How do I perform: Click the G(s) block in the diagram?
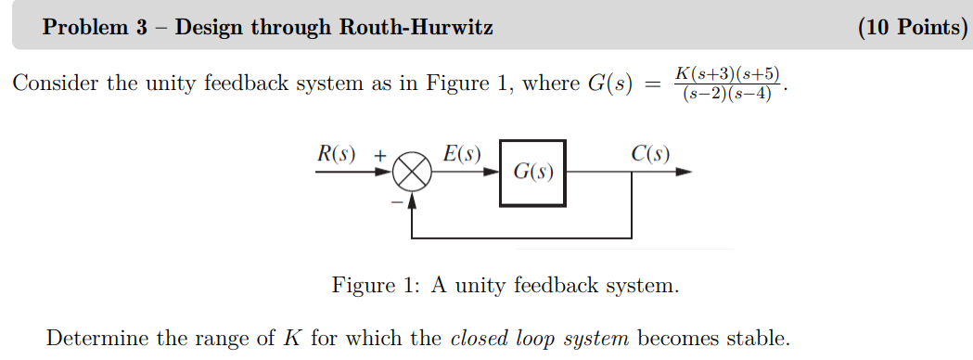point(533,173)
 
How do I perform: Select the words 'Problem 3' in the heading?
point(96,28)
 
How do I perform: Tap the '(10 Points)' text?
point(913,28)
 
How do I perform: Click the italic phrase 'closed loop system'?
point(539,337)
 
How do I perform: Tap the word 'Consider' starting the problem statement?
point(55,84)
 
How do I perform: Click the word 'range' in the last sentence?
point(224,338)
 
